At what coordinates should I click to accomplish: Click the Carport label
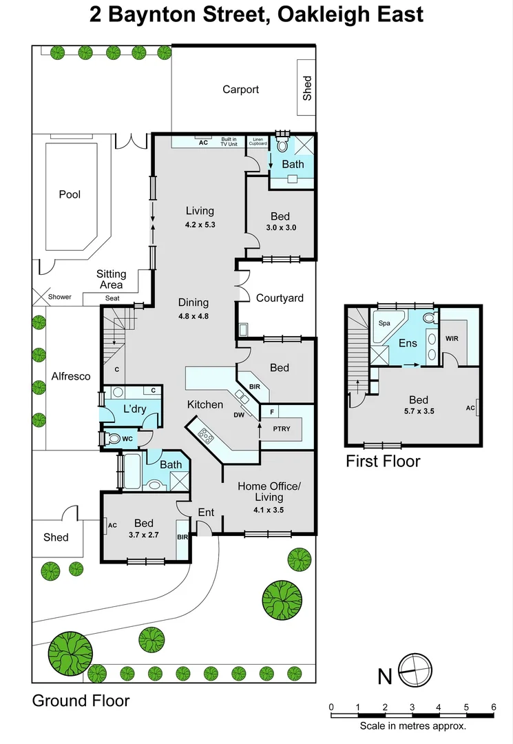pyautogui.click(x=240, y=90)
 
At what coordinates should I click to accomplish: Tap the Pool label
pyautogui.click(x=70, y=194)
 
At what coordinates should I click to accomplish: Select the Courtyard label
pyautogui.click(x=280, y=298)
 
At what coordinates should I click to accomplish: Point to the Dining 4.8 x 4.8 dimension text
pyautogui.click(x=193, y=316)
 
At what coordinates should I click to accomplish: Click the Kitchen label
pyautogui.click(x=205, y=404)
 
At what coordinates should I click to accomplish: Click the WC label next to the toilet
pyautogui.click(x=127, y=439)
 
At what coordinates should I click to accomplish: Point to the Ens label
pyautogui.click(x=408, y=343)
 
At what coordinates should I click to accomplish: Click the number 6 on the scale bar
pyautogui.click(x=493, y=707)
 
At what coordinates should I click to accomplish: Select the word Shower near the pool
pyautogui.click(x=59, y=297)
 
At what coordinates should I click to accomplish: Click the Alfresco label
pyautogui.click(x=71, y=376)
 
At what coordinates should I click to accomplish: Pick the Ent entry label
pyautogui.click(x=206, y=512)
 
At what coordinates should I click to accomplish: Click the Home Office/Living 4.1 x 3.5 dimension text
pyautogui.click(x=269, y=510)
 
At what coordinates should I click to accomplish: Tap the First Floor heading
pyautogui.click(x=382, y=462)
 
